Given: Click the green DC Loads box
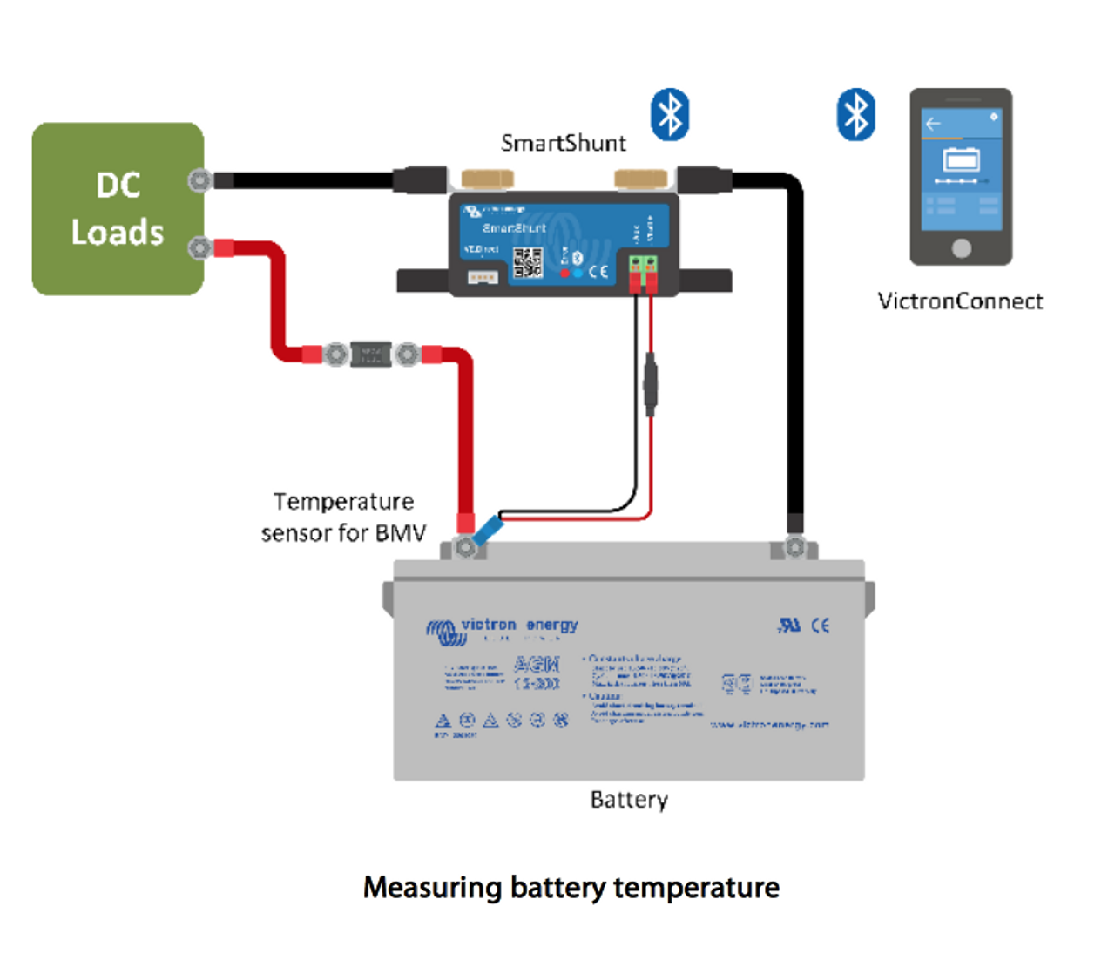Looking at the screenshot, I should pos(118,209).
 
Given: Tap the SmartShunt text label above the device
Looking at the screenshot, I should pos(563,143).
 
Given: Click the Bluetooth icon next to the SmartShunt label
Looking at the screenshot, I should pos(670,114).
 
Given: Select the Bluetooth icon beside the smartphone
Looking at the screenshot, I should pos(855,114).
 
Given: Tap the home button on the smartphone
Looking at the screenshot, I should pos(961,248).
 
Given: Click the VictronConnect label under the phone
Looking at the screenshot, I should pos(960,301).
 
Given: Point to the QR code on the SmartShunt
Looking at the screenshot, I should pos(528,262).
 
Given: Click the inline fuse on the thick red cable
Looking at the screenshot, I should pos(371,355).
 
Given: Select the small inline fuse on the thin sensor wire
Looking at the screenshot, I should pos(650,383).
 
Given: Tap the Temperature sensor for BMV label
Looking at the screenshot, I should pos(343,518).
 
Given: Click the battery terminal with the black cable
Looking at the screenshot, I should pos(794,547).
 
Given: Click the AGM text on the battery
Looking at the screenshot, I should pos(537,665).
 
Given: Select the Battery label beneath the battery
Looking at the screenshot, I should pos(629,800).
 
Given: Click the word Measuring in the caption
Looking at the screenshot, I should pos(432,888).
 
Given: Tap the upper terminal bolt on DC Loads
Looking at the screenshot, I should pos(200,180).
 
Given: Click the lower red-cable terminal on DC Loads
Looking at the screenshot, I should pos(200,248).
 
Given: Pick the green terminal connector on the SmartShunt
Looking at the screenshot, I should pos(643,263).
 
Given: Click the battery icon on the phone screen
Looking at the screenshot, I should pos(961,159).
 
